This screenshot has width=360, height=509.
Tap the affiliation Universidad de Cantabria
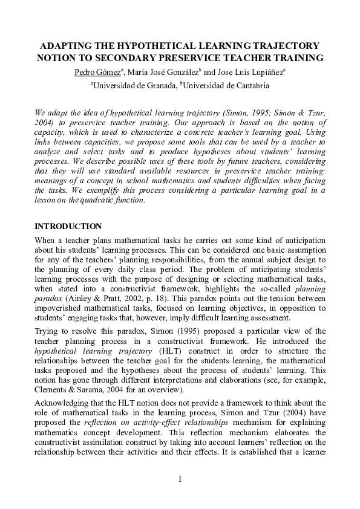(x=226, y=86)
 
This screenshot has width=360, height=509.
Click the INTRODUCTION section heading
(x=68, y=227)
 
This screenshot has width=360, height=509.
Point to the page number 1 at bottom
(x=180, y=480)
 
